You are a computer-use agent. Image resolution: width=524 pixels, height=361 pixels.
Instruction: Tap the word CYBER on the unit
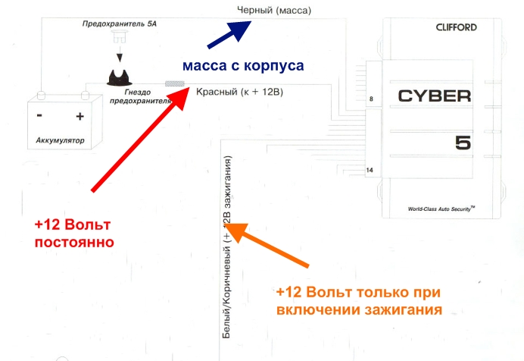434,96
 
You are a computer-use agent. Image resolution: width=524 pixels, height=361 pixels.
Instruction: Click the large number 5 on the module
463,143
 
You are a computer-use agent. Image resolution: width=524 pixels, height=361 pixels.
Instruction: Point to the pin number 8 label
371,99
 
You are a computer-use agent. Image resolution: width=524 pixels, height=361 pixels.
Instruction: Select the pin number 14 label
370,170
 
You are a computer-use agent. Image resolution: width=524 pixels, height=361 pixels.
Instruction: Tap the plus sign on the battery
79,117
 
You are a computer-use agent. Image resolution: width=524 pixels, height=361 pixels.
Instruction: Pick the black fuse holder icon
119,77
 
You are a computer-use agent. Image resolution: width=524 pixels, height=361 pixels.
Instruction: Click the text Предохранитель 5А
118,25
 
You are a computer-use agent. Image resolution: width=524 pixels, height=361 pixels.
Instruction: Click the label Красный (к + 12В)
239,92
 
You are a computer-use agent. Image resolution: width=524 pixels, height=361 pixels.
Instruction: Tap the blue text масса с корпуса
242,66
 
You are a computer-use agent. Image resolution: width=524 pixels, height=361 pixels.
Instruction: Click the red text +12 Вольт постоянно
73,234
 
